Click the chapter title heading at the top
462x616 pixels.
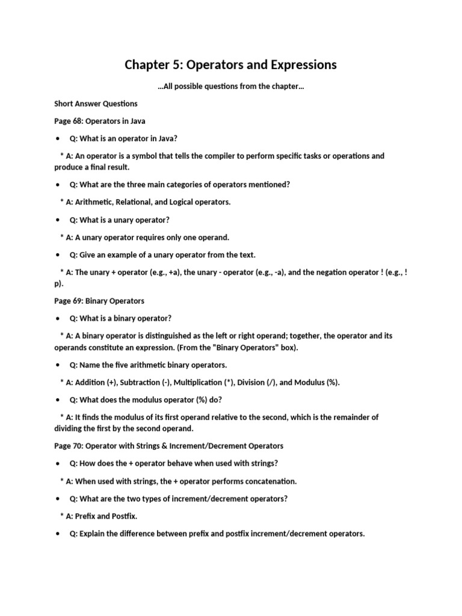point(230,64)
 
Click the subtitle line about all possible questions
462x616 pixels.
point(230,87)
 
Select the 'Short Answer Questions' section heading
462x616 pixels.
point(96,103)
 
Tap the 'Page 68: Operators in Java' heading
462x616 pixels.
point(100,121)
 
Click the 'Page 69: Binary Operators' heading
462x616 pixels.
point(99,301)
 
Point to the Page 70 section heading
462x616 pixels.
point(168,446)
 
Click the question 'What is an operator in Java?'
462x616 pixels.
point(123,138)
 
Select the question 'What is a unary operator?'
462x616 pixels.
point(120,220)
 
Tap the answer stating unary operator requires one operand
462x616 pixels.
point(144,237)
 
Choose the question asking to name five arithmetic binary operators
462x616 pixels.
point(148,365)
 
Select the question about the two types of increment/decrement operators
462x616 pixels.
point(179,499)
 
